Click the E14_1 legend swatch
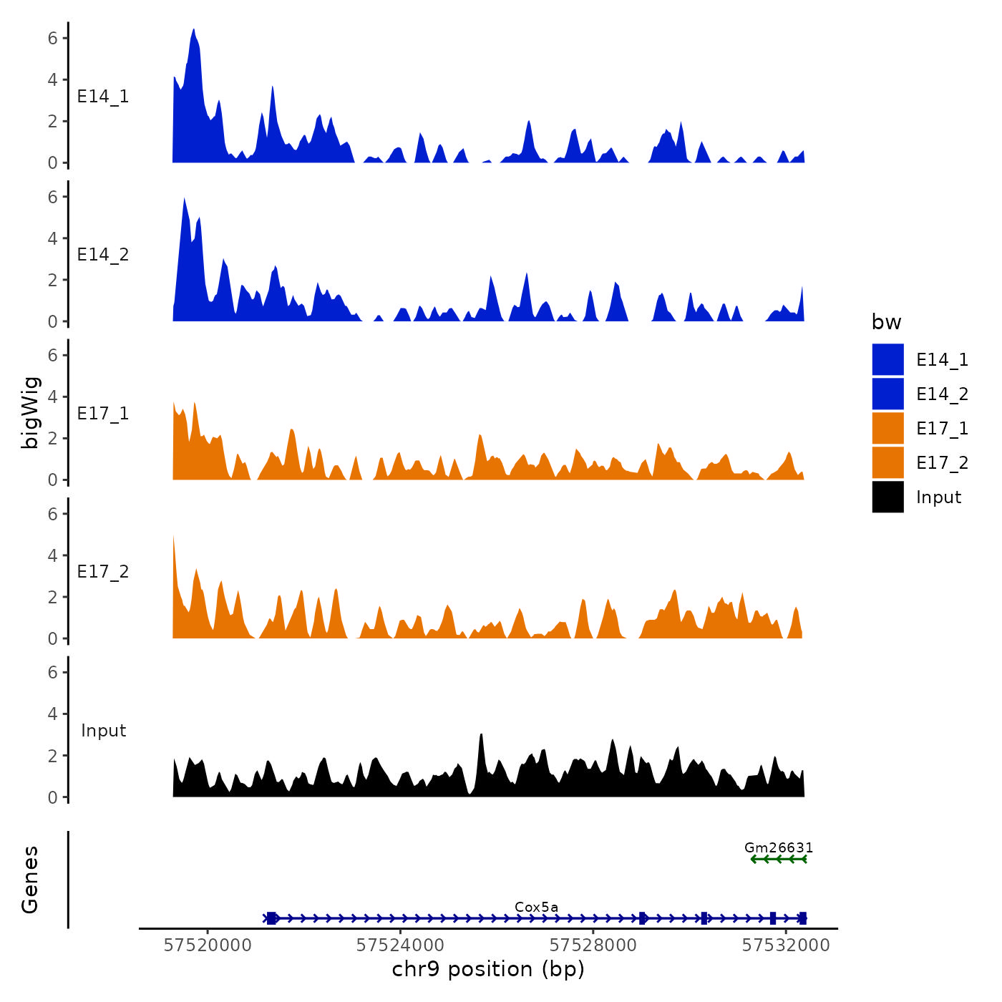click(x=887, y=359)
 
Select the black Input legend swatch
click(x=887, y=497)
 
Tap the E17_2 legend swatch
click(x=887, y=462)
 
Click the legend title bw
click(x=886, y=322)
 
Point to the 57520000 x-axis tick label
click(x=208, y=945)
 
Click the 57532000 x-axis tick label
click(x=786, y=945)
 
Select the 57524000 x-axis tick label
click(x=400, y=945)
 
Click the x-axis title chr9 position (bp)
click(x=488, y=969)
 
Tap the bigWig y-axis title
click(x=31, y=413)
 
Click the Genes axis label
click(x=30, y=880)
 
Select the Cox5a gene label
click(x=536, y=908)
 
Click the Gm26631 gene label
click(x=779, y=848)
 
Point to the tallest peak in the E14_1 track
click(x=193, y=30)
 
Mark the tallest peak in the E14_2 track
click(x=185, y=199)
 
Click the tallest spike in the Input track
click(x=481, y=735)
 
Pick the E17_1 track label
click(x=103, y=414)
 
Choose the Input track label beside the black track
click(x=103, y=731)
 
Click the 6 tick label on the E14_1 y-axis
click(x=52, y=38)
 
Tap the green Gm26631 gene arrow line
click(x=779, y=859)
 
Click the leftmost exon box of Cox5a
click(x=271, y=918)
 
